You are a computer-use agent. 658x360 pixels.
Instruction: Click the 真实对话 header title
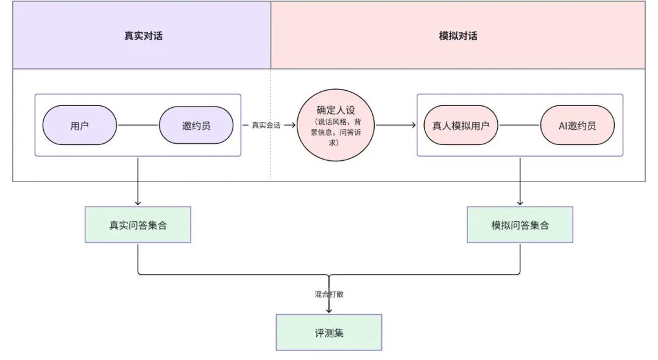click(143, 35)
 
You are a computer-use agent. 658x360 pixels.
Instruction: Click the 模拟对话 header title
click(458, 35)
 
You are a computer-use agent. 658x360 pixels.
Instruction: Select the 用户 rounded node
click(79, 125)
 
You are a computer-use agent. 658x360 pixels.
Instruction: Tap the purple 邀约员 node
click(196, 125)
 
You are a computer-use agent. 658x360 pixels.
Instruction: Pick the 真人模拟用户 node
click(461, 125)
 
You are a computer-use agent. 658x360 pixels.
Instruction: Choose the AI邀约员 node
click(577, 125)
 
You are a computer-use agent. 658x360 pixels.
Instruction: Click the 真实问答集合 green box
click(138, 225)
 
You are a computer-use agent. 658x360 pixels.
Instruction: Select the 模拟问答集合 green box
click(520, 225)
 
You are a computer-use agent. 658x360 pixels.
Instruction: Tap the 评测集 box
click(329, 333)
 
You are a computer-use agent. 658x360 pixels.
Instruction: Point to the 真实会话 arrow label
click(266, 125)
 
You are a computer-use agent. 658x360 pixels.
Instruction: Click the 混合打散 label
click(329, 294)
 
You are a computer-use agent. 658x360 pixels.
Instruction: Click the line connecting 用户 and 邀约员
click(138, 125)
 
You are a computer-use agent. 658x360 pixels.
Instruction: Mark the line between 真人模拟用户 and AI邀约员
click(519, 125)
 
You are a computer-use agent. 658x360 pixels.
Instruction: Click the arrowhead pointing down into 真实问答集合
click(138, 203)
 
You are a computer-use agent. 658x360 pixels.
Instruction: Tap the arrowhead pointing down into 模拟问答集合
click(520, 203)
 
